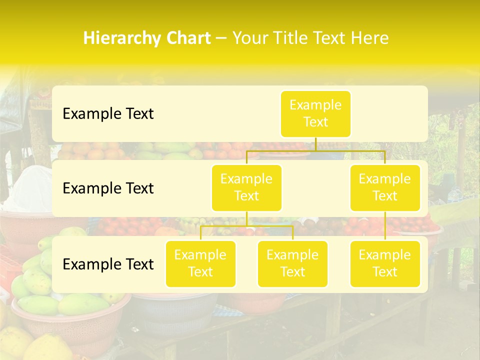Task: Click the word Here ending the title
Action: pos(370,38)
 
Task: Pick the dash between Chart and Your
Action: pos(221,38)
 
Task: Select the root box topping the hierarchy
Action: pos(315,114)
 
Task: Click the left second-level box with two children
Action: pos(246,188)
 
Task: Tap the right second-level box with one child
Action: pos(385,188)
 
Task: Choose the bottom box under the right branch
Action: pos(385,264)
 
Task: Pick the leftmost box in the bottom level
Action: pos(200,264)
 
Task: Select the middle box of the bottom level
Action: pos(292,264)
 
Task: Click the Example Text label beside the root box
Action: pos(108,114)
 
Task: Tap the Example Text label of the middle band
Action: pos(108,188)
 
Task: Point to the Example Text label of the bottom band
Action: pos(108,264)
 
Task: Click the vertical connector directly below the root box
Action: pos(315,144)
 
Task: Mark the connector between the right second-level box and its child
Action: pos(385,226)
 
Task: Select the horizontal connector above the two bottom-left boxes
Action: pos(246,226)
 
